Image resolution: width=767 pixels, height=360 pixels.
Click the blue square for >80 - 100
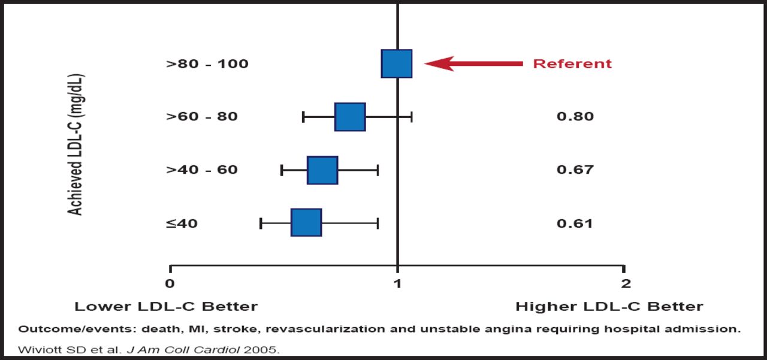(397, 63)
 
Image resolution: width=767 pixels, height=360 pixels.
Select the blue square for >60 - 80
(350, 117)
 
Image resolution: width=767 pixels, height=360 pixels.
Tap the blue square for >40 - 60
(322, 170)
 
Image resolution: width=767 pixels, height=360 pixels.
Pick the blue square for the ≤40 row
(306, 222)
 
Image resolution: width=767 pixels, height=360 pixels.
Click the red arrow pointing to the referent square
(473, 63)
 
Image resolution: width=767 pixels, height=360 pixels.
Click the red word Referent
(572, 63)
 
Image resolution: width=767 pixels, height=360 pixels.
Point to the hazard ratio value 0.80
(575, 116)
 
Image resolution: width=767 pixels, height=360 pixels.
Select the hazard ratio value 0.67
(575, 170)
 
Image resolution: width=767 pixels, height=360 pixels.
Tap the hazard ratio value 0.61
(575, 223)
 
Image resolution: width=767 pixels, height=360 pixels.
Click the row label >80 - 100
(207, 63)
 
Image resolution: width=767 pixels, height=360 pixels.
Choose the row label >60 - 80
(202, 116)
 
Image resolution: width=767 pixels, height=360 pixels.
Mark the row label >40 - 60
(202, 170)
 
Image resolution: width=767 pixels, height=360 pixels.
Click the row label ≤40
(182, 223)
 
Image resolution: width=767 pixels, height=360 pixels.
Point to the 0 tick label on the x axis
(170, 283)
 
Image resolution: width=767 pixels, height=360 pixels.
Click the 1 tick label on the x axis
(397, 283)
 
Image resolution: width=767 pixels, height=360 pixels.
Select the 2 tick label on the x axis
(626, 283)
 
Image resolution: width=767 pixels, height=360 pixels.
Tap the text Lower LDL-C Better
(166, 307)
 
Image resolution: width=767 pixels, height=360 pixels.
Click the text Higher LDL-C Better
(609, 307)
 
